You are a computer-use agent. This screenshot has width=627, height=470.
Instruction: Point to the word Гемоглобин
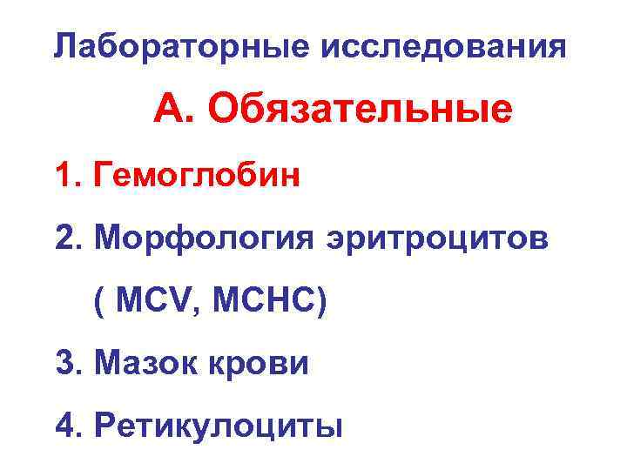pyautogui.click(x=200, y=175)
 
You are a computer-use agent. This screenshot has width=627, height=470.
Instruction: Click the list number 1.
pyautogui.click(x=64, y=175)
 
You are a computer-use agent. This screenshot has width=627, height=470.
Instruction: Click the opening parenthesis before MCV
pyautogui.click(x=99, y=305)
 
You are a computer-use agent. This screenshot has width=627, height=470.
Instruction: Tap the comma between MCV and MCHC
pyautogui.click(x=193, y=313)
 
